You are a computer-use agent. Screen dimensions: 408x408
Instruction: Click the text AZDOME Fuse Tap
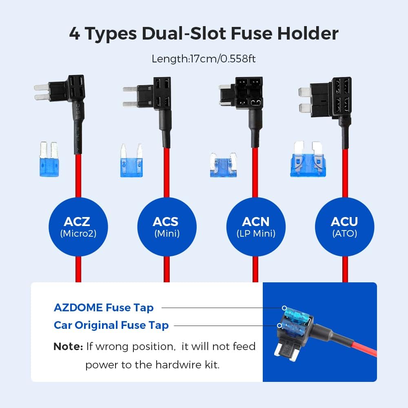104,308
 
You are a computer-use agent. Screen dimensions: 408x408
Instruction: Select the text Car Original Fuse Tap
111,325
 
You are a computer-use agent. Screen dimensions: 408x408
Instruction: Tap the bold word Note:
68,347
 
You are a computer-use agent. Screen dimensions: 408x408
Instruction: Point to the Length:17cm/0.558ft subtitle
204,58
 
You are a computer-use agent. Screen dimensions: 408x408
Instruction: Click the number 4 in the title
74,34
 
